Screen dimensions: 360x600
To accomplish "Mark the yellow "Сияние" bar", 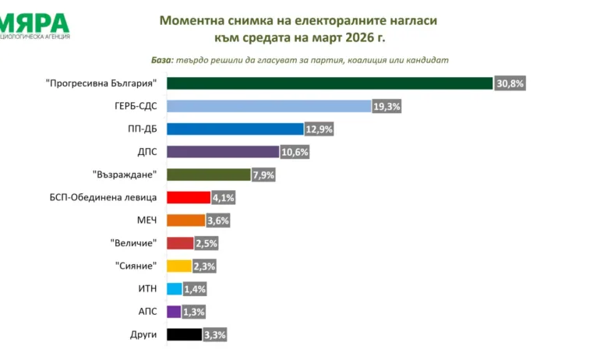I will pos(179,266).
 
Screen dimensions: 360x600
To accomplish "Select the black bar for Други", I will pos(184,334).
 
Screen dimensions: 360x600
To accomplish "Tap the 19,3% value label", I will pos(386,106).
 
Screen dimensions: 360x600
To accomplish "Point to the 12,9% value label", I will pos(319,129).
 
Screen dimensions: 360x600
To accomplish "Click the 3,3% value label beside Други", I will pos(215,334).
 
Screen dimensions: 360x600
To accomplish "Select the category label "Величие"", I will pos(135,243).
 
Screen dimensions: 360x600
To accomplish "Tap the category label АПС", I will pos(146,312).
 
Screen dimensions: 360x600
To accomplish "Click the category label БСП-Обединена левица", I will pos(103,198).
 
